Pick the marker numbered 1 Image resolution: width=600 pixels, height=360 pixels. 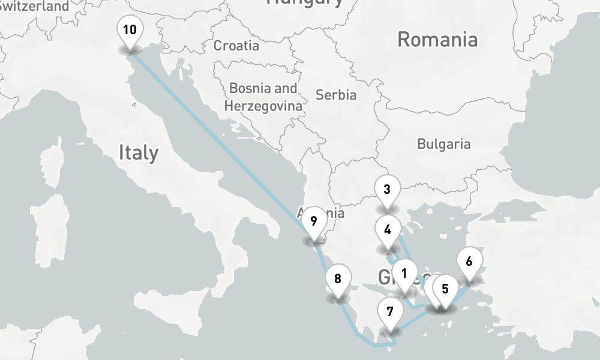pos(404,274)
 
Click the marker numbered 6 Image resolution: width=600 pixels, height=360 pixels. pos(469,262)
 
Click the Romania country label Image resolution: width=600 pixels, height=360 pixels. pos(437,40)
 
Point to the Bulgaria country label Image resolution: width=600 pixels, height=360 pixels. pos(444,144)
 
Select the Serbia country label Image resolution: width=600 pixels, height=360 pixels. pos(336,95)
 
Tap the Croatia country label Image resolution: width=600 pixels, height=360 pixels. pos(236,46)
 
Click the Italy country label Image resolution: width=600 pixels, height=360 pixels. pos(139,152)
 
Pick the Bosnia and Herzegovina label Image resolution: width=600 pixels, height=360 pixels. pos(263,97)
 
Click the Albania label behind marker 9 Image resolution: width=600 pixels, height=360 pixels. pos(334,214)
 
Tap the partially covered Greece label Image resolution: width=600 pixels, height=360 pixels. pos(385,277)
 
